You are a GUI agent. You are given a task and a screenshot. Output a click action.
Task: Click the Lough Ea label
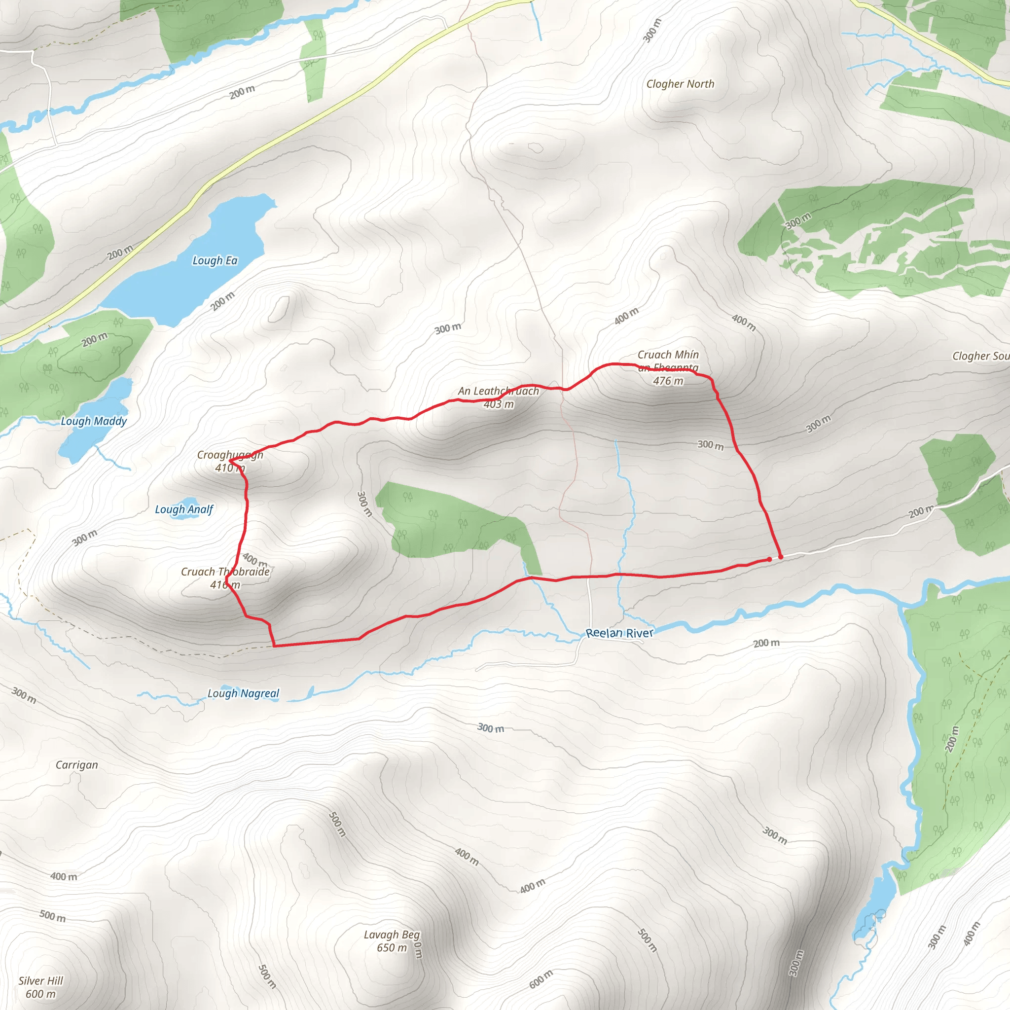pyautogui.click(x=215, y=260)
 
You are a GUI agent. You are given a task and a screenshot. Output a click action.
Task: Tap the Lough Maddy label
pyautogui.click(x=94, y=421)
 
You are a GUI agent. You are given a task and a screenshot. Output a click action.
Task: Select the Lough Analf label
pyautogui.click(x=184, y=509)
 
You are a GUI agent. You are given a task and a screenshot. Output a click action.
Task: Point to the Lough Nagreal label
pyautogui.click(x=243, y=693)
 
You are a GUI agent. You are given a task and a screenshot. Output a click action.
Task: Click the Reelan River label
pyautogui.click(x=619, y=633)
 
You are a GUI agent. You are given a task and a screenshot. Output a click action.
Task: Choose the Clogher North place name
pyautogui.click(x=680, y=84)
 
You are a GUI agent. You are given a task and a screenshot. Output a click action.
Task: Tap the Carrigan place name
pyautogui.click(x=77, y=765)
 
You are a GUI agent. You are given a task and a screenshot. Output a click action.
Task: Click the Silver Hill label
pyautogui.click(x=41, y=981)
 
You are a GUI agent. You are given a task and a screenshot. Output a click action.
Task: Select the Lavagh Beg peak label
pyautogui.click(x=392, y=934)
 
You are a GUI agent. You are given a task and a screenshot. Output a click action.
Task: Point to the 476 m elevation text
pyautogui.click(x=668, y=381)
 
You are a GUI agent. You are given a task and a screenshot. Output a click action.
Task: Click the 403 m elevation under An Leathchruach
pyautogui.click(x=498, y=404)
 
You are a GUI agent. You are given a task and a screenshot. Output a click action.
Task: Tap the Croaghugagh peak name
pyautogui.click(x=230, y=455)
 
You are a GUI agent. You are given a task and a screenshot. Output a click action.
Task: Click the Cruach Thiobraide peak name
pyautogui.click(x=225, y=572)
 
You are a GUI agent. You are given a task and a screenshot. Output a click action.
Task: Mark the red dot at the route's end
pyautogui.click(x=769, y=559)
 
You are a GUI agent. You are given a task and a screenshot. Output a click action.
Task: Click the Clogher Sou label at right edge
pyautogui.click(x=980, y=356)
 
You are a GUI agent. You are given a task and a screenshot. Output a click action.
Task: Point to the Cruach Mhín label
pyautogui.click(x=668, y=355)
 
